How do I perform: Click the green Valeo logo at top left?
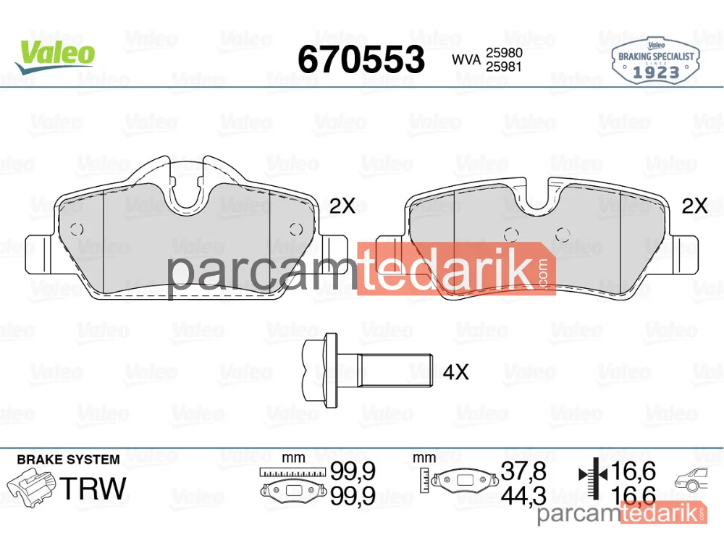click(56, 56)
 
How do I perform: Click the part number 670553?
click(361, 59)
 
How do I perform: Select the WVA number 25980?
click(504, 53)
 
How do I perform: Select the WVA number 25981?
click(504, 67)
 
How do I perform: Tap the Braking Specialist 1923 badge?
click(655, 61)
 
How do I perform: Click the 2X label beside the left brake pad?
click(342, 206)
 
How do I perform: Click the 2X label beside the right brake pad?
click(694, 206)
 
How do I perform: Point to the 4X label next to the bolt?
click(455, 371)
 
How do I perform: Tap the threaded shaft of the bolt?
click(396, 370)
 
